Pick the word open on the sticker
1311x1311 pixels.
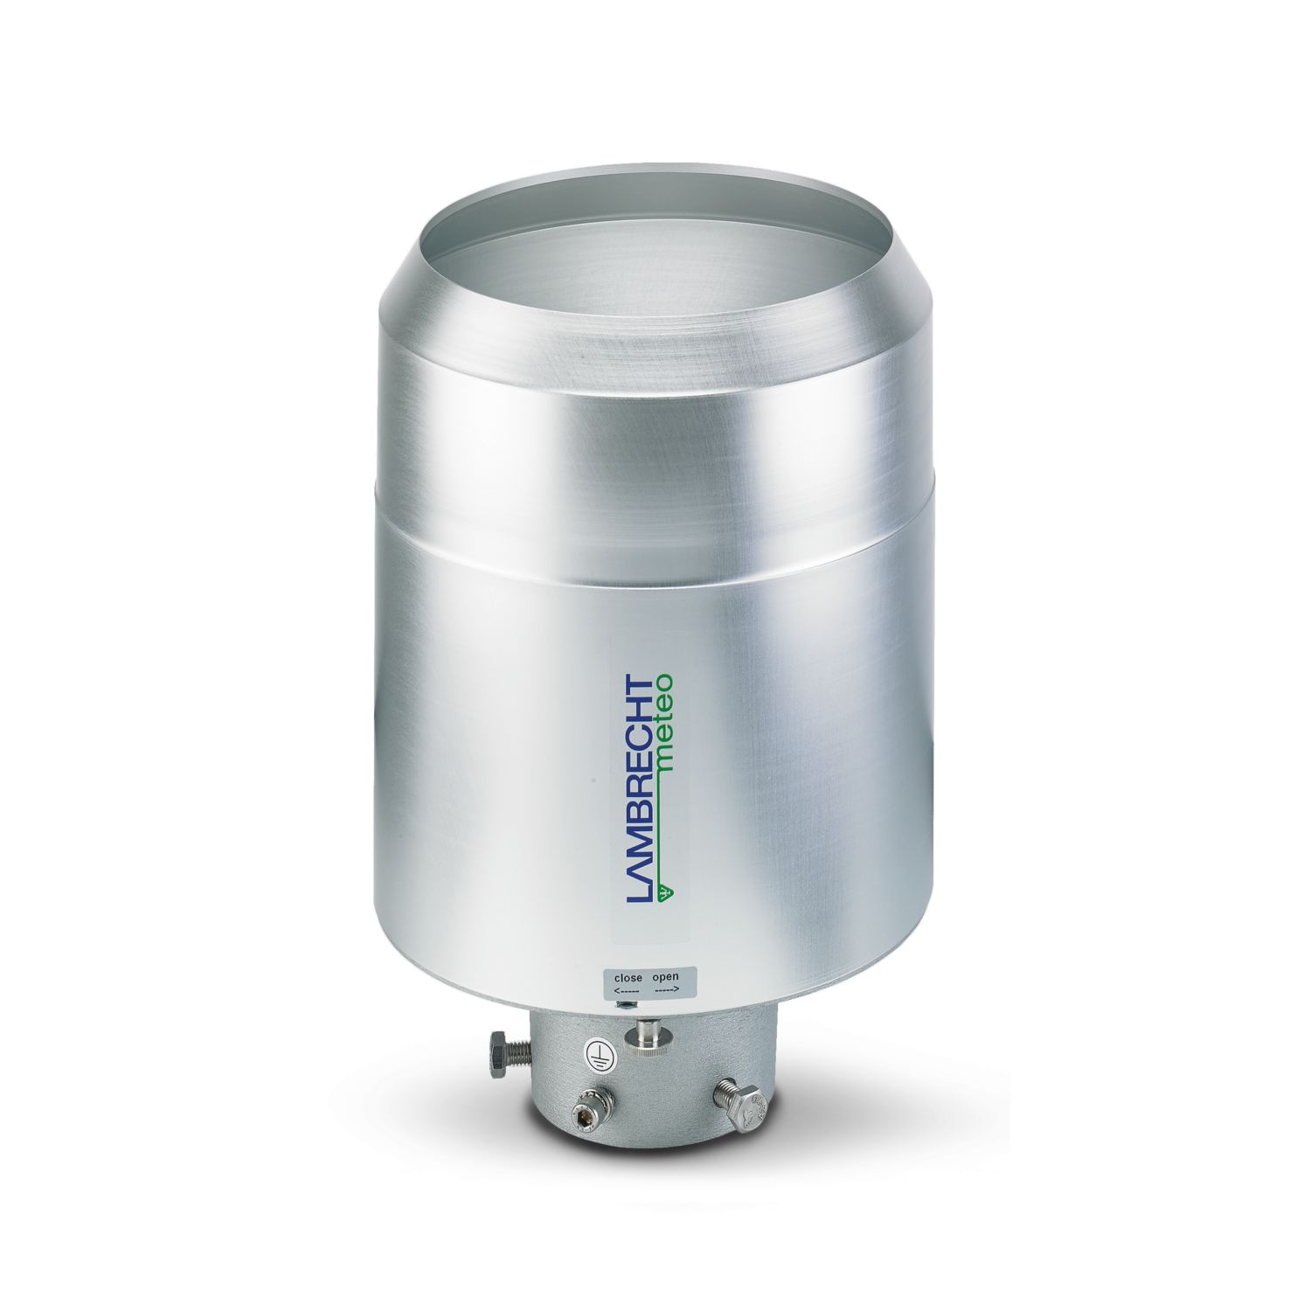coord(663,977)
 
